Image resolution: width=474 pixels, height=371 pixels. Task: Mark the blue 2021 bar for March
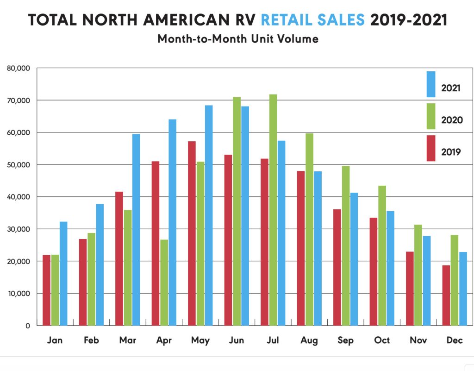tap(136, 229)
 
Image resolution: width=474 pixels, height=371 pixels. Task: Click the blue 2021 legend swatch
tap(431, 84)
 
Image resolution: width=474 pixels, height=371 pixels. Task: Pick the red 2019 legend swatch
tap(431, 148)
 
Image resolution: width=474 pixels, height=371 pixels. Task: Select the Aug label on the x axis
tap(309, 341)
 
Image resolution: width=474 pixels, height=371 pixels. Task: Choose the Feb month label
tap(91, 341)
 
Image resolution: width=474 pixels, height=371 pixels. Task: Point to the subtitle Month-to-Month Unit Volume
tap(237, 39)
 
